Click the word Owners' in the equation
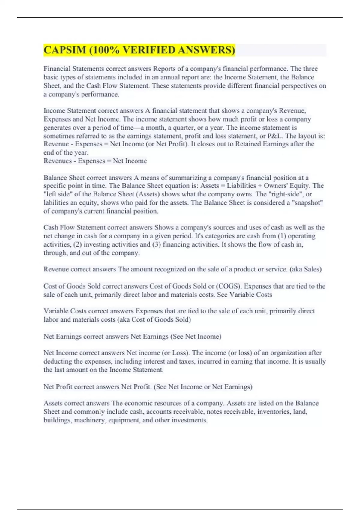275,186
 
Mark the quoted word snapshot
309,203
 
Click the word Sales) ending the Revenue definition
313,269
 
